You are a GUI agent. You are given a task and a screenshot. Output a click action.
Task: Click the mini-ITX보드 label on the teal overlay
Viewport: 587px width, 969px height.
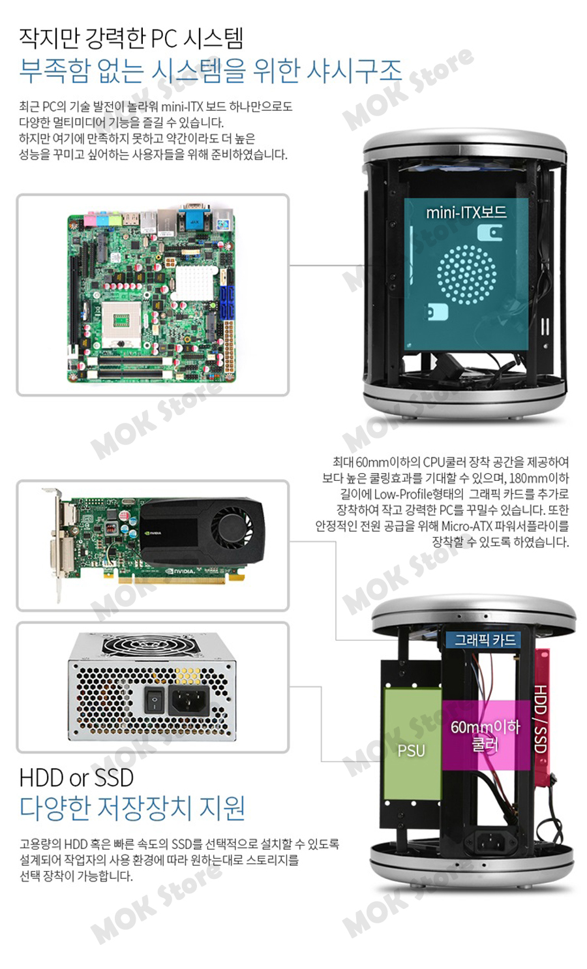point(466,213)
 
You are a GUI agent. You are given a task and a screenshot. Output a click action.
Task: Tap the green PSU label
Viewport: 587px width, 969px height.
point(411,750)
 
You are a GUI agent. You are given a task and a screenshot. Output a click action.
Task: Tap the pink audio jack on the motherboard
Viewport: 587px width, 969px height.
point(91,220)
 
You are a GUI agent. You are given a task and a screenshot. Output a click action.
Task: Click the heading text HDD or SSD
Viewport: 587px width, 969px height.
point(76,777)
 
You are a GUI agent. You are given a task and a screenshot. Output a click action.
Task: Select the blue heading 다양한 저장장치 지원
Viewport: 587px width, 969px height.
point(132,808)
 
